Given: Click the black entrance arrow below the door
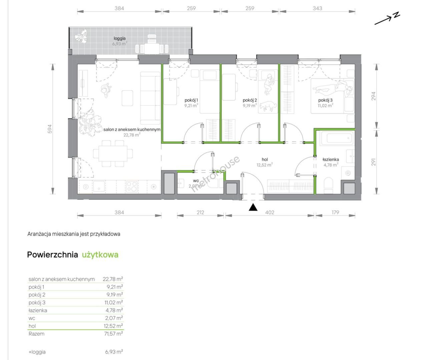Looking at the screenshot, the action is [x=253, y=207].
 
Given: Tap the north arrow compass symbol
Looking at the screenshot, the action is [x=387, y=19].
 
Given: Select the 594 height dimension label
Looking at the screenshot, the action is [x=50, y=129].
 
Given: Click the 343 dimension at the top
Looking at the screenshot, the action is [x=317, y=8].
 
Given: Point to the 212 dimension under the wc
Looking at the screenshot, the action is [x=200, y=212].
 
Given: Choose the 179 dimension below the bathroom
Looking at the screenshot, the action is [x=335, y=212].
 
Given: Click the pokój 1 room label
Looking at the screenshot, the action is [x=191, y=100].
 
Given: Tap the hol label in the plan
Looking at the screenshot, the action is [x=265, y=160].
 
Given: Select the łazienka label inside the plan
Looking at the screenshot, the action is [x=331, y=160].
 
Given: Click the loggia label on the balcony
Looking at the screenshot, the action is [x=119, y=38].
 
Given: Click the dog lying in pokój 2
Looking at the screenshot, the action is [x=268, y=106].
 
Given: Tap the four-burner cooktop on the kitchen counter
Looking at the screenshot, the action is [x=131, y=186].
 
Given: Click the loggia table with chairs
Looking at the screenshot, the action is [x=152, y=46].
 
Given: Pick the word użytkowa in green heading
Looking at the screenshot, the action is [x=100, y=255].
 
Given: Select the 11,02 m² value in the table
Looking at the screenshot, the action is [x=114, y=302].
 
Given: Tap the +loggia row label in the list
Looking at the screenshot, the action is [x=37, y=352].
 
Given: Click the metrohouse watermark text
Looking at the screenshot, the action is [x=215, y=174].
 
